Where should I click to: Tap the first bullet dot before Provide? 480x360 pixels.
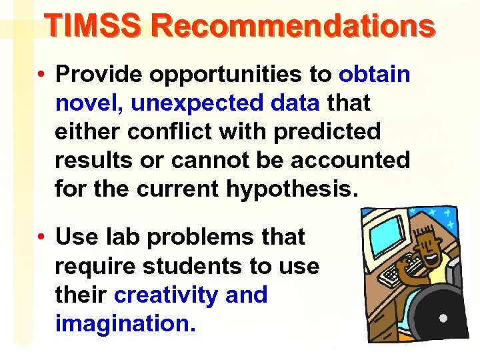pos(41,75)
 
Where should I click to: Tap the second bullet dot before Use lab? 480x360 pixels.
pos(41,237)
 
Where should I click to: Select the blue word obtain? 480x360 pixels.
pos(374,75)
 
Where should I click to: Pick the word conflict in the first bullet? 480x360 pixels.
pos(163,132)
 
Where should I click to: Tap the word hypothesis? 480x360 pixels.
pos(292,189)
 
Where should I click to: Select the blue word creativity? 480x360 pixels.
pos(166,294)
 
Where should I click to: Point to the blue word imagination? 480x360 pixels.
pos(125,323)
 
